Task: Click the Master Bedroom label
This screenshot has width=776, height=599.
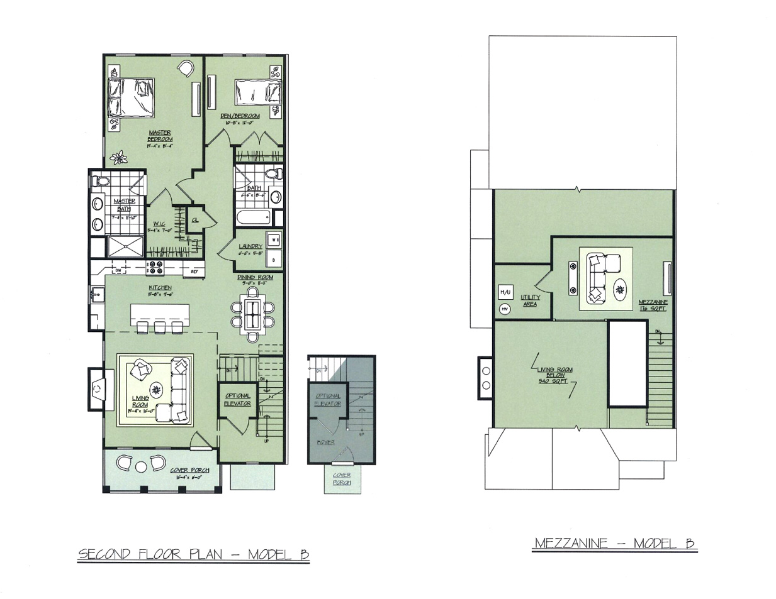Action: click(160, 136)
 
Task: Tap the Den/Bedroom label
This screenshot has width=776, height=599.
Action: click(240, 116)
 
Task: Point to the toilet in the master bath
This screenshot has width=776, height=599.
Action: click(101, 181)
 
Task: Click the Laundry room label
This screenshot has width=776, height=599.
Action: click(250, 247)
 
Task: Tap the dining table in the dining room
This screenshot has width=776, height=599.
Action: click(253, 314)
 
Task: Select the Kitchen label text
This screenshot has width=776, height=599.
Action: click(160, 288)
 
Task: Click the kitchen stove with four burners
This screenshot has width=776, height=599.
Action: click(155, 268)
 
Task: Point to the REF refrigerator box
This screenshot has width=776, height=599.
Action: click(194, 272)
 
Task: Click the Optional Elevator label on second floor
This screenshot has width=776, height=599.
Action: click(238, 399)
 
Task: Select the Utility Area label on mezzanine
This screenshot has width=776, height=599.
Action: click(530, 300)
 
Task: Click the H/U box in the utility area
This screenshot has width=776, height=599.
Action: click(505, 292)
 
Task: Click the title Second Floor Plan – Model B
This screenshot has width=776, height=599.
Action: click(193, 554)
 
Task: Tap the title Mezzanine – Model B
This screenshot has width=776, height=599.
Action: click(614, 543)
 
